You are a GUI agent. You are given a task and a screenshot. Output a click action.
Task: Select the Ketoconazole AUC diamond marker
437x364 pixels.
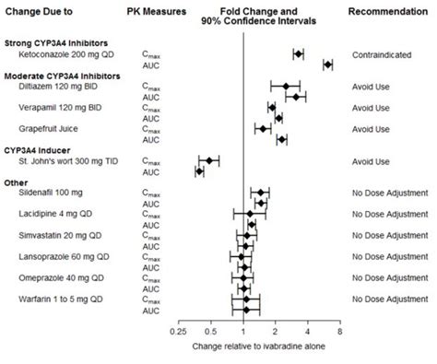coord(327,65)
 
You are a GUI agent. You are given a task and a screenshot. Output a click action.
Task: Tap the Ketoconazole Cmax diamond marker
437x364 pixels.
coord(298,54)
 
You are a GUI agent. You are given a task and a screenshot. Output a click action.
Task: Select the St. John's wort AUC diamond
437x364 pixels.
coord(199,170)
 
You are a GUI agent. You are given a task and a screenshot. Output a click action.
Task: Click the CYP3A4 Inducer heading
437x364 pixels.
coord(41,149)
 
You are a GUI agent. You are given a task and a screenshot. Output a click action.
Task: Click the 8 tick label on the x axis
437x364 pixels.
coord(340,329)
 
